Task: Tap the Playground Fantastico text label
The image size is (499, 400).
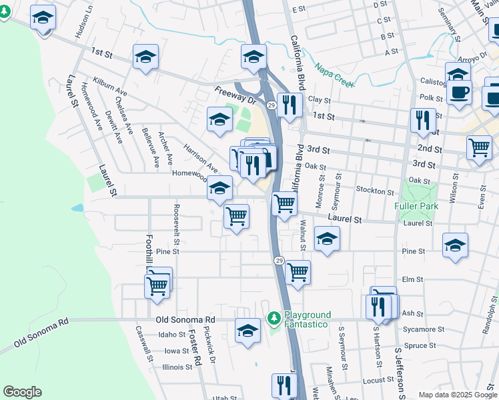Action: tap(308, 319)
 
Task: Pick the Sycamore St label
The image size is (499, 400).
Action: tap(419, 329)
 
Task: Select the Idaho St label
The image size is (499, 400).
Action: tap(172, 335)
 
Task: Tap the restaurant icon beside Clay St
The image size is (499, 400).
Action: tap(290, 104)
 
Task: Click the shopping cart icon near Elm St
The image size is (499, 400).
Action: tap(298, 271)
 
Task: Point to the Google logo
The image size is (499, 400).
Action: tap(22, 392)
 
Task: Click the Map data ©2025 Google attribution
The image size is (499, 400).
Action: tap(457, 395)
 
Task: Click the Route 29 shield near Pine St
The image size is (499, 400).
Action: tap(279, 261)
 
